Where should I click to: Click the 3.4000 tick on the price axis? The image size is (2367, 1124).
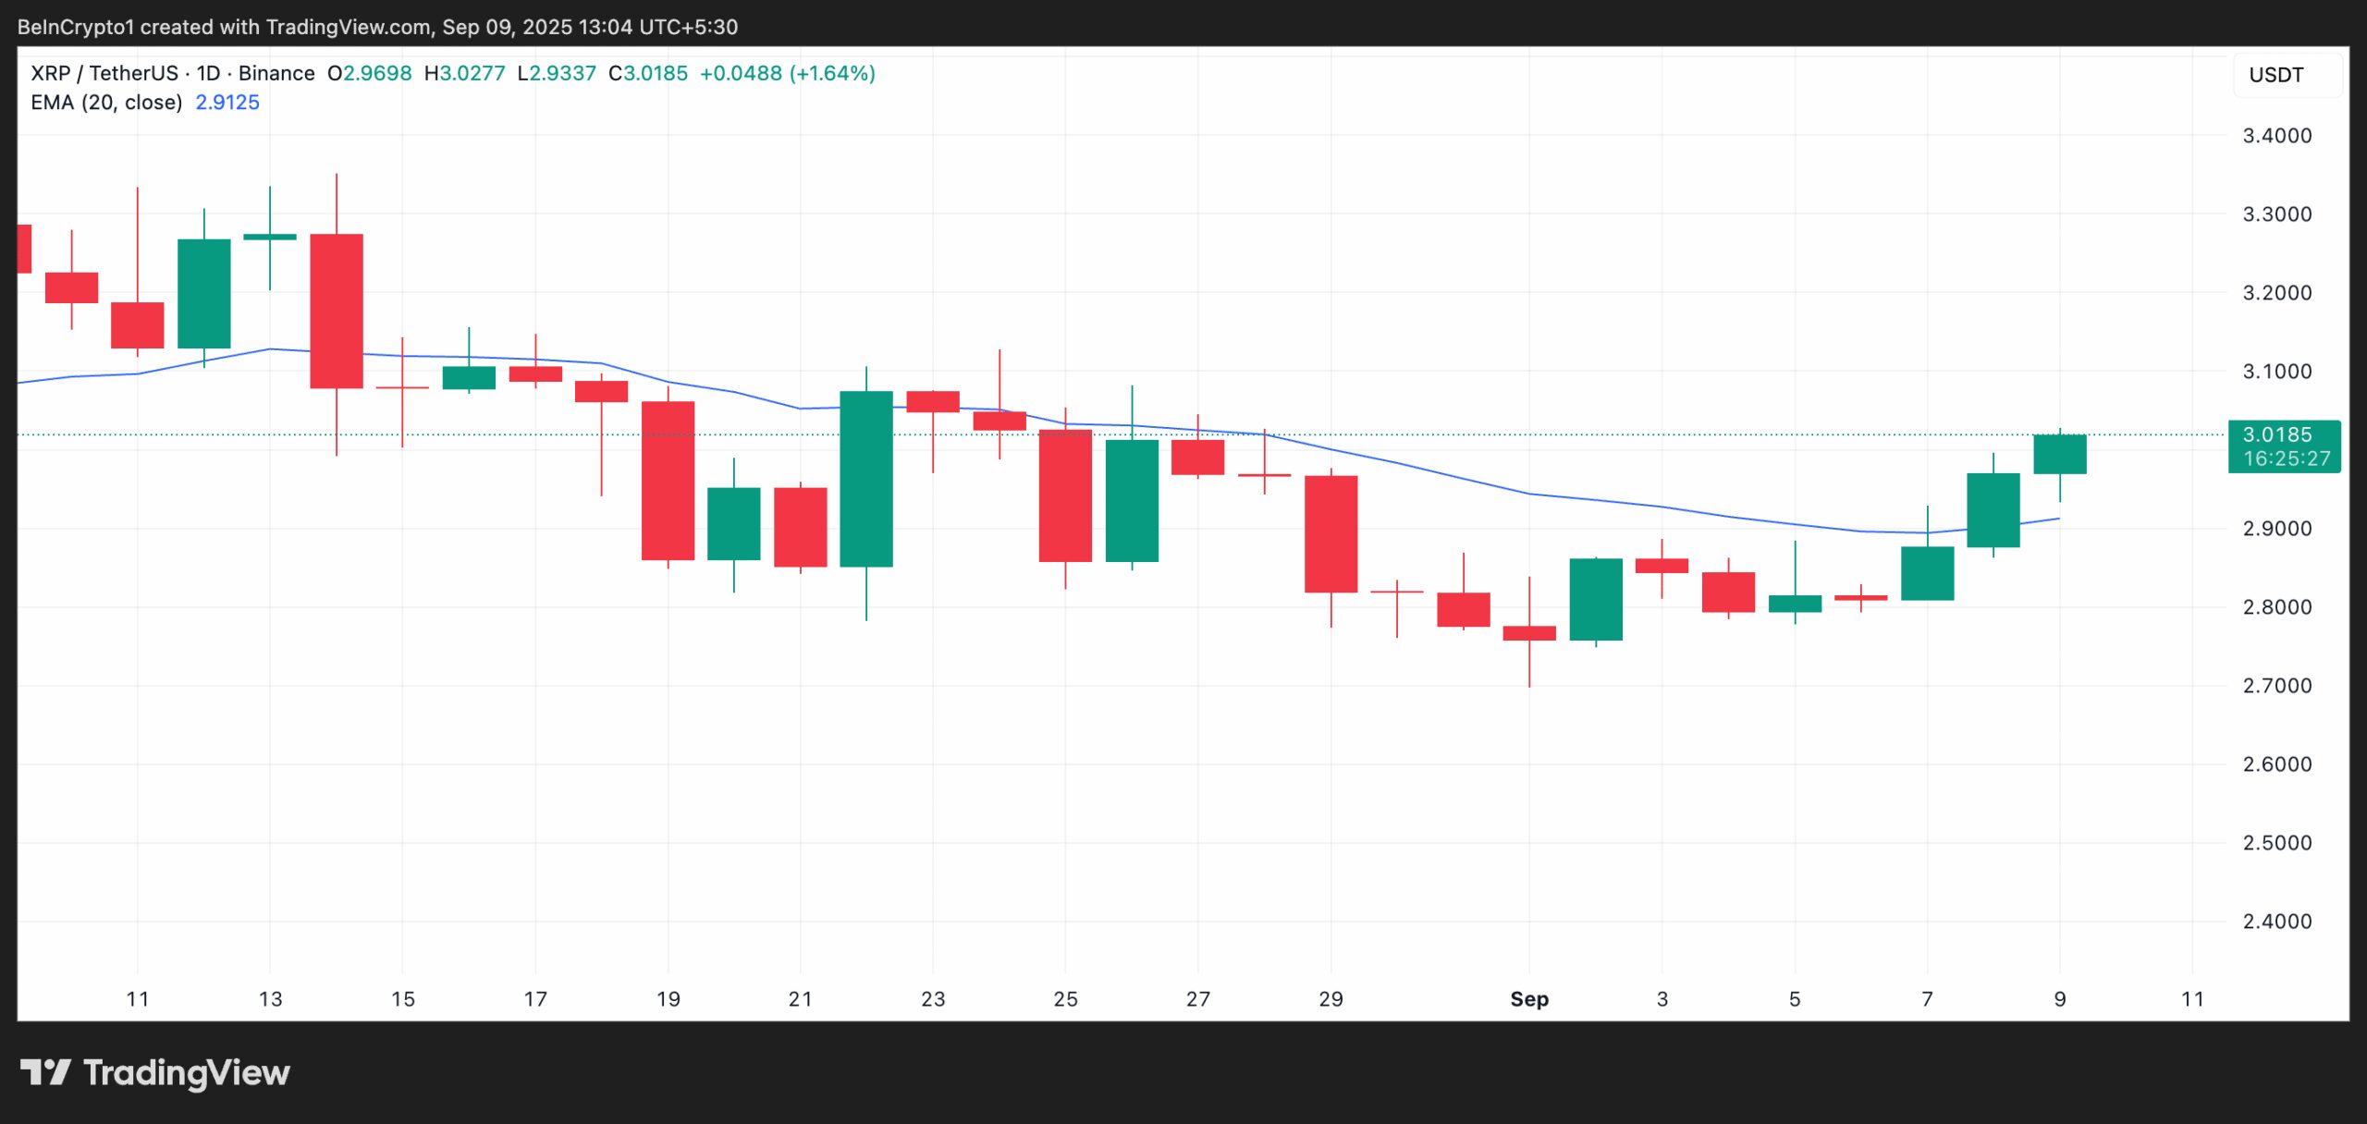[2276, 136]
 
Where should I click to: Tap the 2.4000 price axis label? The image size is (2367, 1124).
[2276, 922]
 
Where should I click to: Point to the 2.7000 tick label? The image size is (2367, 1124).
[2276, 686]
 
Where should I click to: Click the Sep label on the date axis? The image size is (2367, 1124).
[1528, 999]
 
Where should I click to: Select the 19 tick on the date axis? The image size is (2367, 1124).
[668, 999]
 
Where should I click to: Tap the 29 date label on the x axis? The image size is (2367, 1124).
[1331, 999]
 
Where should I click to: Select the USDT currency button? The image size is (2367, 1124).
[2275, 75]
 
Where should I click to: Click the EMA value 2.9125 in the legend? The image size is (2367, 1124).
[227, 103]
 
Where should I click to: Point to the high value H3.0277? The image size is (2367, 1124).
[464, 73]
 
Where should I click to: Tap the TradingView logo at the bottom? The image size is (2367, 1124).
[155, 1072]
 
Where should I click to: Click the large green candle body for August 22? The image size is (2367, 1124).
[866, 479]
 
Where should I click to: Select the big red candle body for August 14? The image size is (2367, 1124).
[337, 311]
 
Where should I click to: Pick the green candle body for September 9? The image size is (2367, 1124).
[2059, 454]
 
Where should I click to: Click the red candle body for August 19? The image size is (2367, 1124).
[668, 481]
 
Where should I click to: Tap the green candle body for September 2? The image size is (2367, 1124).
[1595, 599]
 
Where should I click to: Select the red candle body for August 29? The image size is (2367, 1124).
[1331, 533]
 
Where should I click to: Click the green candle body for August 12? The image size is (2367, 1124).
[204, 294]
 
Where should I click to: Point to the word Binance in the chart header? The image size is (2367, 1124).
[276, 73]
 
